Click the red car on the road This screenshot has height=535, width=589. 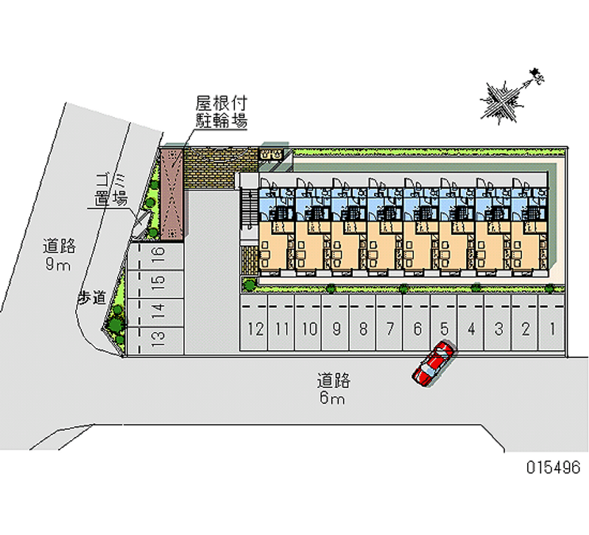point(433,364)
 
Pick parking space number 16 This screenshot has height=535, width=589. point(158,255)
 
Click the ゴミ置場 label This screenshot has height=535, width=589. point(110,189)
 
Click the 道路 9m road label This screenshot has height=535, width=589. point(59,255)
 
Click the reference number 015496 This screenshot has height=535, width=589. point(552,467)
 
